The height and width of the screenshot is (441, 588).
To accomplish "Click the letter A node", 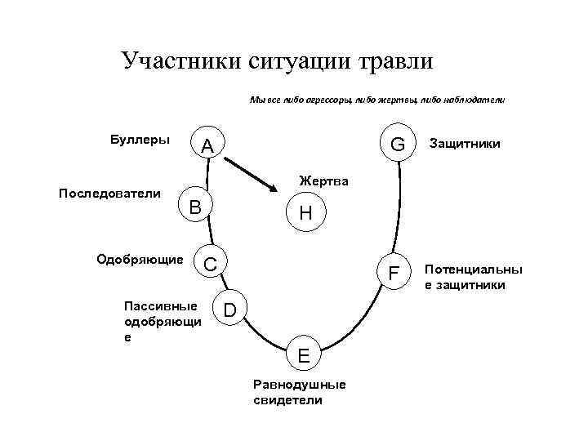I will pyautogui.click(x=207, y=146).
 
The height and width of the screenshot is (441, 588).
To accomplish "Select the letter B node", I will pyautogui.click(x=195, y=206).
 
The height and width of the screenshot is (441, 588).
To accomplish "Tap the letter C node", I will pyautogui.click(x=210, y=263).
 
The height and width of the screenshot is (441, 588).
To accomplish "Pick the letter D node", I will pyautogui.click(x=230, y=310).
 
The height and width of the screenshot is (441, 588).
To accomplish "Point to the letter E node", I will pyautogui.click(x=303, y=355).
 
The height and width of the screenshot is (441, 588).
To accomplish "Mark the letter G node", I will pyautogui.click(x=398, y=144).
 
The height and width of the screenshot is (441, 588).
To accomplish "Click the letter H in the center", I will pyautogui.click(x=305, y=214).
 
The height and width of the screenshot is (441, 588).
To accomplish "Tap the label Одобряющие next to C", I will pyautogui.click(x=140, y=260).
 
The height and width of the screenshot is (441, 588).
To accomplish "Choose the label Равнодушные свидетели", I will pyautogui.click(x=300, y=392).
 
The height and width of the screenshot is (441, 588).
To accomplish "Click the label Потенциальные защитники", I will pyautogui.click(x=473, y=277).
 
